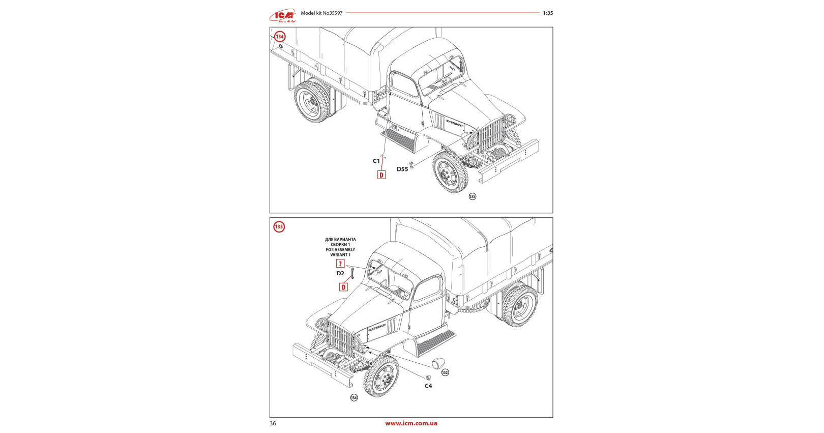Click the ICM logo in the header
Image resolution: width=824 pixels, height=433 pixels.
point(283,16)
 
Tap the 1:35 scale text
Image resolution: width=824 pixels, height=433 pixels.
point(548,13)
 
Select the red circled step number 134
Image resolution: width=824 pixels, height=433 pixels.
point(280,37)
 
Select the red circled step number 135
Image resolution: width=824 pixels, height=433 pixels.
point(279,227)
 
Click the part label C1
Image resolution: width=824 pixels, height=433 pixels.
point(376,161)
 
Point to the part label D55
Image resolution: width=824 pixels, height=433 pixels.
point(402,169)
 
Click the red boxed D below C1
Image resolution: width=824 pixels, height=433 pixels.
point(381,175)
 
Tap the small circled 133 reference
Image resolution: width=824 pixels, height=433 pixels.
point(473,196)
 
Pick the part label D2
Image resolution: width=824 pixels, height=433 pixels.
point(340,274)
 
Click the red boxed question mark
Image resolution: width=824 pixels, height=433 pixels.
point(340,264)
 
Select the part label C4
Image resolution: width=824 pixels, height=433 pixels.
point(428,386)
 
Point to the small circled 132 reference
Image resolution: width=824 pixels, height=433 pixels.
point(445,372)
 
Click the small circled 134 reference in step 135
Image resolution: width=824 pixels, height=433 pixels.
point(354,398)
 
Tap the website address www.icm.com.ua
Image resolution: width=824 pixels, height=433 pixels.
point(411,423)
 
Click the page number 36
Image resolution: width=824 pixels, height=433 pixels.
point(273,423)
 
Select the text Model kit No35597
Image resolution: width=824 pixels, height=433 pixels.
point(321,13)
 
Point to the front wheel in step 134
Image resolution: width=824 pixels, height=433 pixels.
point(450,172)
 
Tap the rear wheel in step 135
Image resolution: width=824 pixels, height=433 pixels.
point(520,306)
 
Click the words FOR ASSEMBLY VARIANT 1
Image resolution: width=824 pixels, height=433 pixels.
point(340,252)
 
